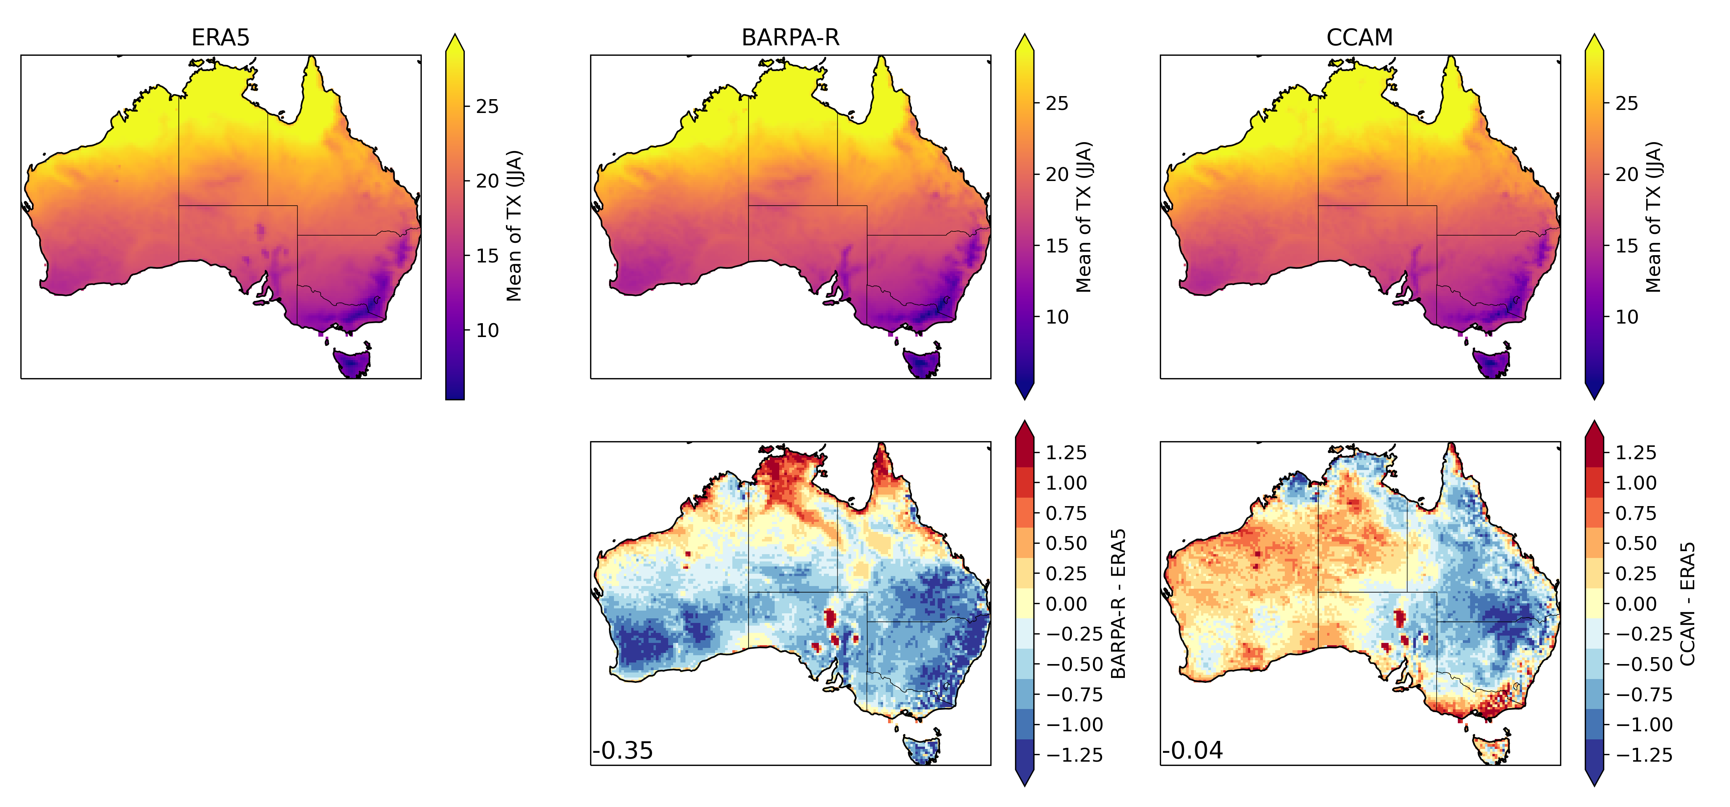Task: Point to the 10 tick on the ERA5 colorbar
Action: [487, 330]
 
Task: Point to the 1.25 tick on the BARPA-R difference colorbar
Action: [1066, 453]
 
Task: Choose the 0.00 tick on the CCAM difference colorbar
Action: [1635, 604]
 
